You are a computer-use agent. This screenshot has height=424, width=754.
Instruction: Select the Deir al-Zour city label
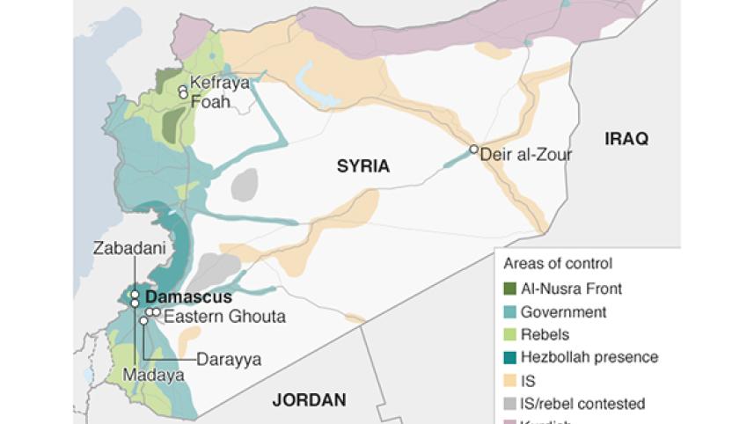(x=527, y=154)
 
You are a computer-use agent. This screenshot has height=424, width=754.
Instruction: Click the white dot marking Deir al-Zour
(x=473, y=150)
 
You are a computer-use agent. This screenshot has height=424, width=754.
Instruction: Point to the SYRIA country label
(x=362, y=164)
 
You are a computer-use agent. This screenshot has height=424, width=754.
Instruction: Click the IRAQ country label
(x=626, y=138)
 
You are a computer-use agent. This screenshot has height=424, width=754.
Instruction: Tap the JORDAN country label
(x=308, y=399)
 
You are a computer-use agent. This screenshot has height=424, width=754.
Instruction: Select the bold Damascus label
(x=188, y=296)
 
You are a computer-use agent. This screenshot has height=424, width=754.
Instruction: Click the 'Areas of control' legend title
(x=558, y=263)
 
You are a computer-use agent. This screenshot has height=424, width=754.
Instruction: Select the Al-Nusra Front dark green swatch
(x=509, y=288)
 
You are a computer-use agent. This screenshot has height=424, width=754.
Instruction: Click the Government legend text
(x=563, y=311)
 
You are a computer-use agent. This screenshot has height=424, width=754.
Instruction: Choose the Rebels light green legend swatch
(x=509, y=334)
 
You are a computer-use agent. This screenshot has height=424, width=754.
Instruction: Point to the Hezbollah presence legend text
(x=589, y=357)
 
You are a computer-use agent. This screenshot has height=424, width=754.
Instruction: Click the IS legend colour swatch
(x=509, y=381)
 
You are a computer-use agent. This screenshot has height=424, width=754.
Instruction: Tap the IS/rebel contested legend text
(x=582, y=404)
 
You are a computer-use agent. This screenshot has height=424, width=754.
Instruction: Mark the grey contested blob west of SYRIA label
(x=245, y=185)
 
